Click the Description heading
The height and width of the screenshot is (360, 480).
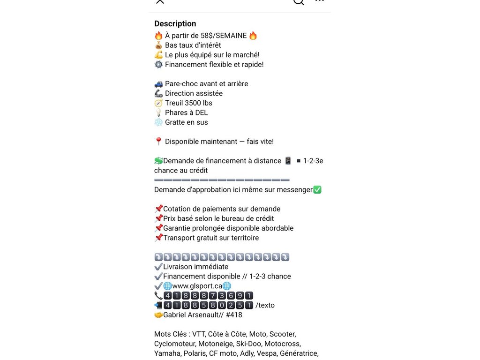175,24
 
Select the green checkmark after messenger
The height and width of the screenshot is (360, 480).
317,190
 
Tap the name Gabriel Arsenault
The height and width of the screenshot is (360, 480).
193,315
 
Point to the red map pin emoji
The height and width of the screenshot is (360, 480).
158,142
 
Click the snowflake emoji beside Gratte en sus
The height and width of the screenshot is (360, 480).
158,122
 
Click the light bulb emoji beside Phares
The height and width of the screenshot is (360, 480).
158,112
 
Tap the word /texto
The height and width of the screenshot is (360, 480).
265,305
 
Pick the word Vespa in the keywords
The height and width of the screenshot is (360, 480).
266,353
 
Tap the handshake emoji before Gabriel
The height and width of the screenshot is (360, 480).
158,315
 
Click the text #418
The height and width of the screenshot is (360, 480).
233,315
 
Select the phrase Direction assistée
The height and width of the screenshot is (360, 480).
194,93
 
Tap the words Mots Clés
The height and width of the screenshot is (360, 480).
170,334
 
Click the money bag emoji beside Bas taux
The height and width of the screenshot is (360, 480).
158,45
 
